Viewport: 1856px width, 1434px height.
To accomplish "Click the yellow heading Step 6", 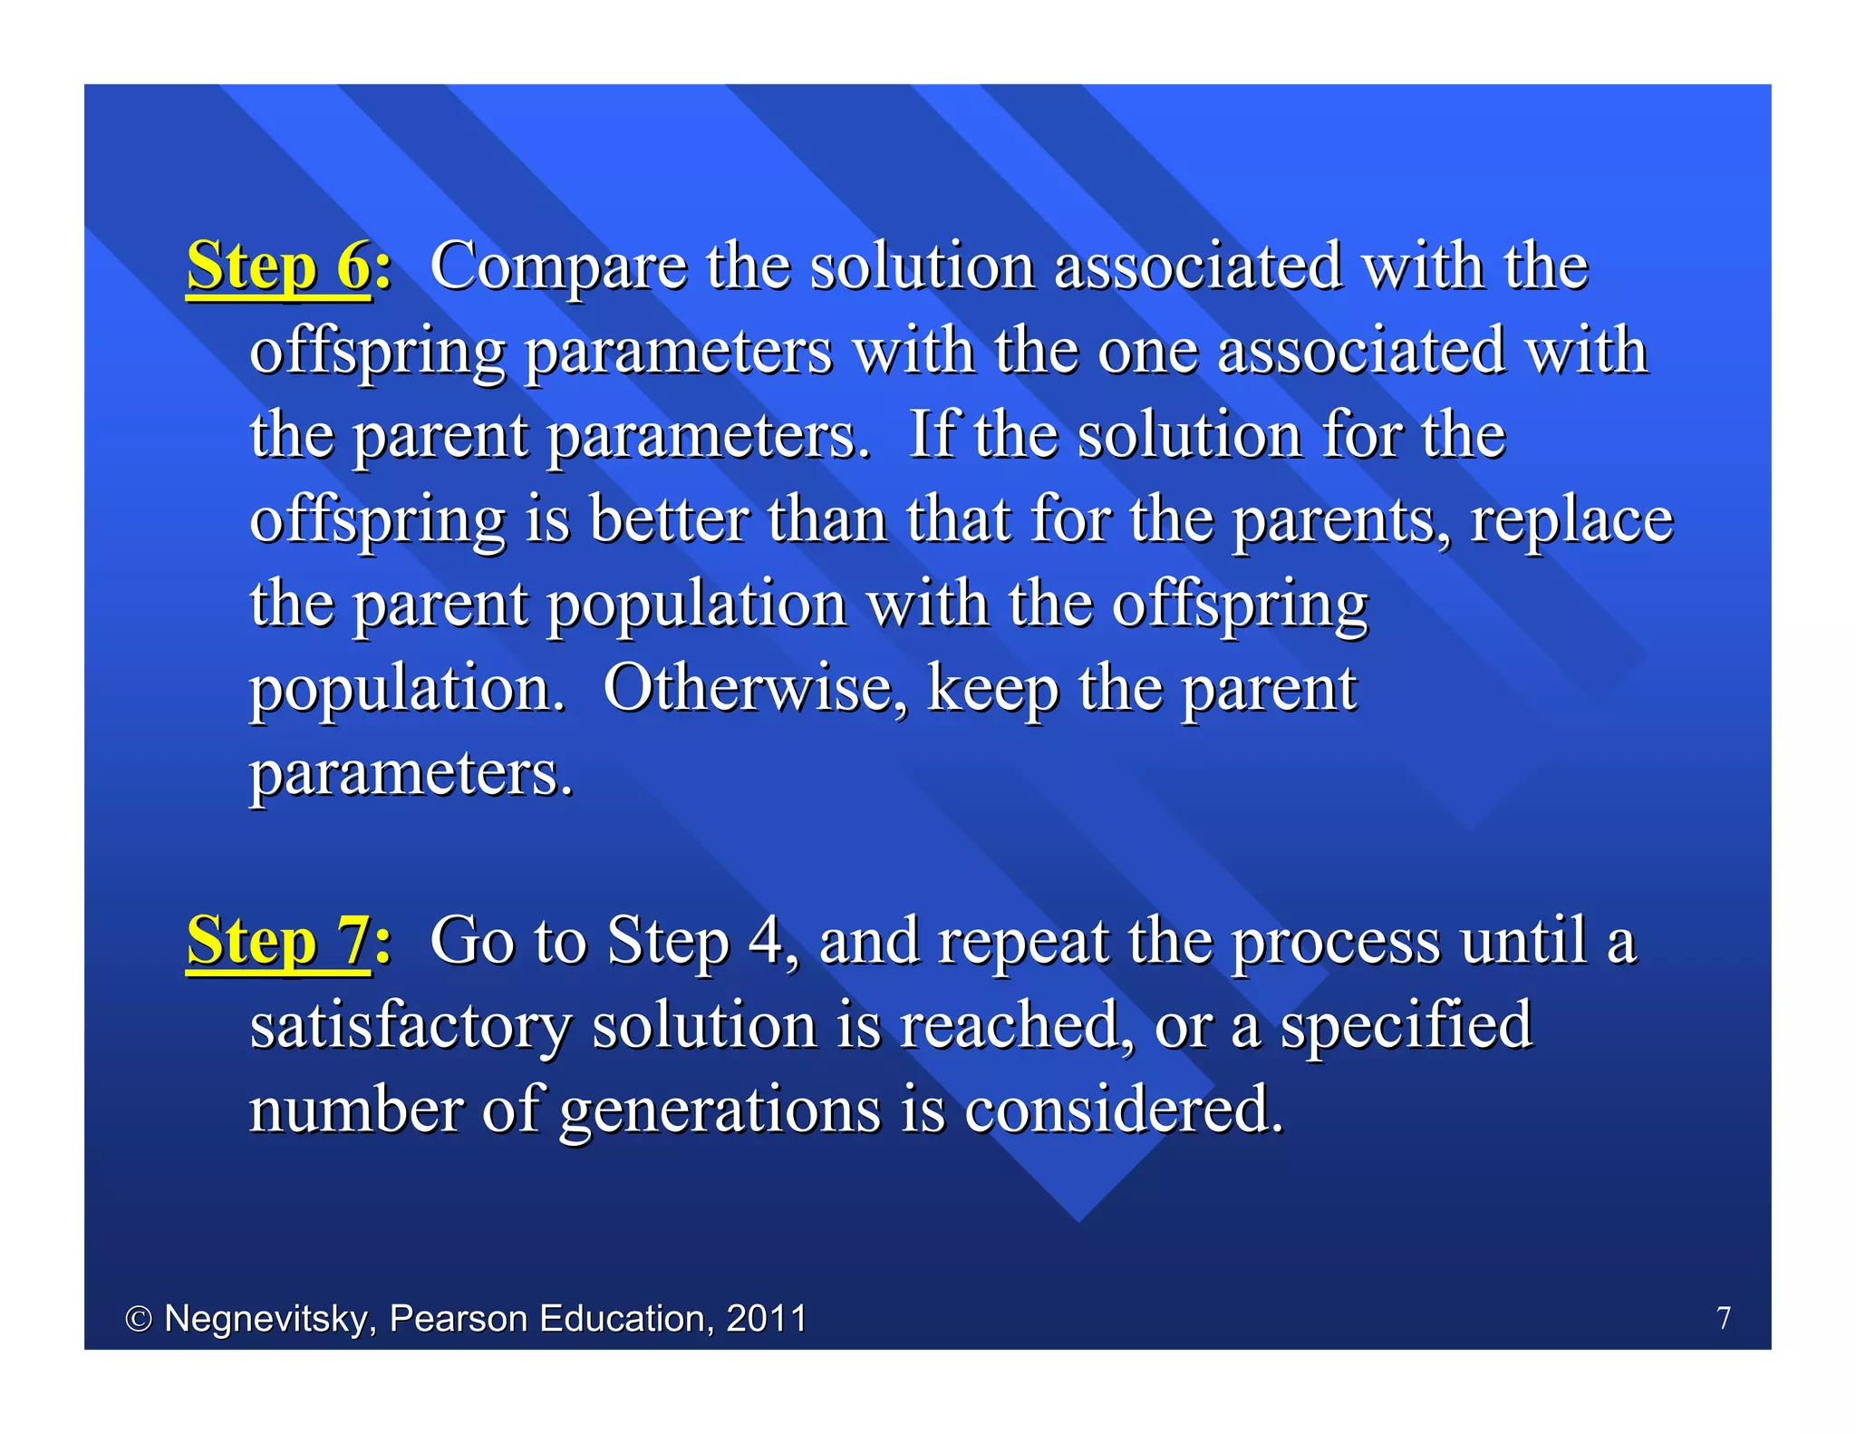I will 279,266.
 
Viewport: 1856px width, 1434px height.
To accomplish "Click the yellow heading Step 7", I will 278,941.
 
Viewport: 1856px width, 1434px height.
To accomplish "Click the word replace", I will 1571,521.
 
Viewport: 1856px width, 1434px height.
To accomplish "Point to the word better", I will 669,519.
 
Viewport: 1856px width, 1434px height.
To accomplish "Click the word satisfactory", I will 410,1026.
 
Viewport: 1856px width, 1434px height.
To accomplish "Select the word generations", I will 720,1110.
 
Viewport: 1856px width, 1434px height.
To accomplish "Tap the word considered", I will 1122,1109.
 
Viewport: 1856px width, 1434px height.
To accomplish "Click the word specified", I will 1406,1026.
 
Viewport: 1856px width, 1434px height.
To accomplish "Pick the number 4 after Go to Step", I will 766,941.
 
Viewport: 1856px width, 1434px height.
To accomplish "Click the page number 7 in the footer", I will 1724,1317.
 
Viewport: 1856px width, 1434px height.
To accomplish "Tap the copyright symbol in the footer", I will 138,1319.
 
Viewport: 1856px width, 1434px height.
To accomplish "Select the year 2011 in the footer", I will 767,1318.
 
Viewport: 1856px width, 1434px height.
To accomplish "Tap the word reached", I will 1015,1025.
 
